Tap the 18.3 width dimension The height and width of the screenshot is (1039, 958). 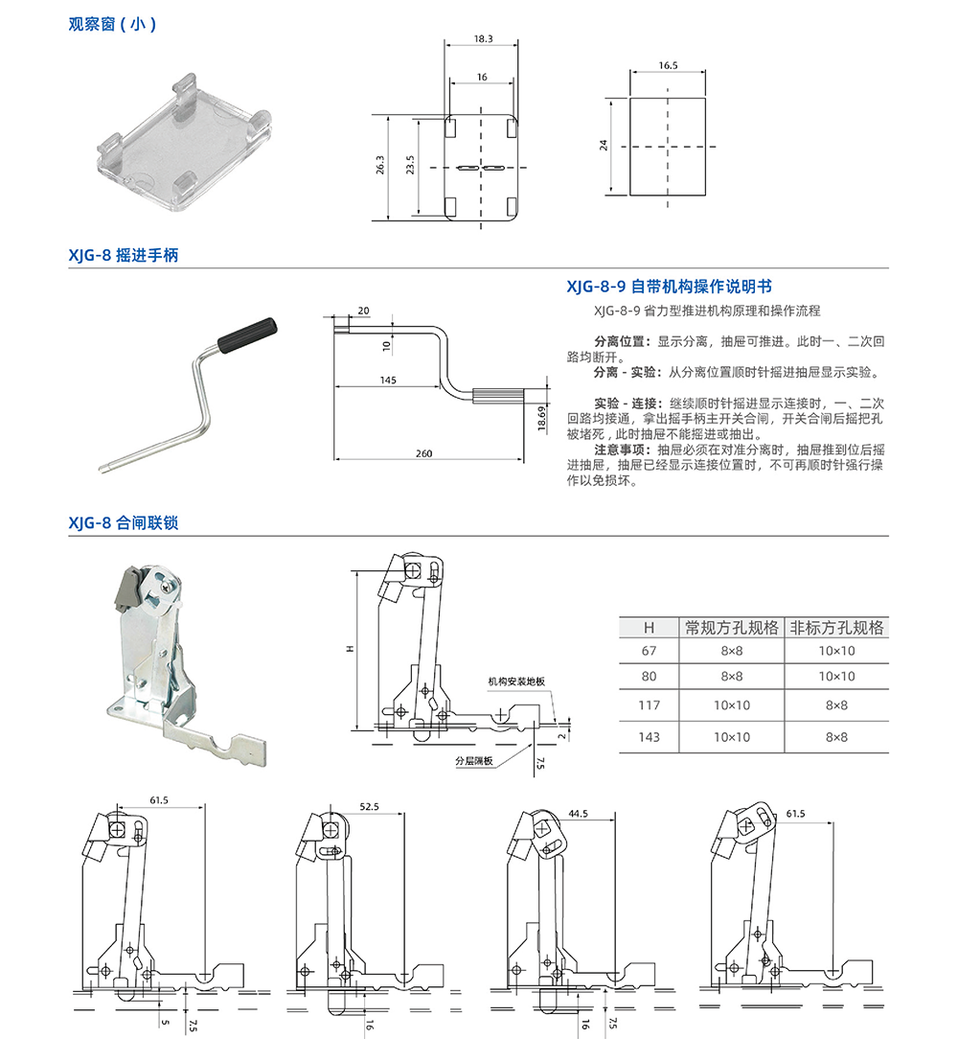482,39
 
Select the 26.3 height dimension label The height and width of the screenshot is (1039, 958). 380,166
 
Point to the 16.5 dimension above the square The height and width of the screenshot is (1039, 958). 668,66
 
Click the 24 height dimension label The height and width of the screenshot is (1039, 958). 604,146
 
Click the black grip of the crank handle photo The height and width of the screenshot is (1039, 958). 248,335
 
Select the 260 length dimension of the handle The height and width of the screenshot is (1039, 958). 425,453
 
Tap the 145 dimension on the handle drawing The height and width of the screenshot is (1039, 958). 387,381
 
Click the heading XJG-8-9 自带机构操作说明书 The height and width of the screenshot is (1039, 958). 669,287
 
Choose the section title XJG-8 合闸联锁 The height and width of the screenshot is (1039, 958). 123,523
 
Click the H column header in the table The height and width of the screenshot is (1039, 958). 649,628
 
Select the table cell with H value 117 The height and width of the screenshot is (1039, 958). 649,705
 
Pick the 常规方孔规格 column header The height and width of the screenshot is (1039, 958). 731,628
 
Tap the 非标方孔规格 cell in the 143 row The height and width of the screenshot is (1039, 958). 836,736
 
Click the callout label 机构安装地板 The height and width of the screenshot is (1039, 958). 515,681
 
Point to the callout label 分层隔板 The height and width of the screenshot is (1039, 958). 473,761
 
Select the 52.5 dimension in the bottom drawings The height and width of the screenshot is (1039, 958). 370,807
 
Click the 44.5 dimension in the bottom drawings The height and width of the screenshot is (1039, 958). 577,813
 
